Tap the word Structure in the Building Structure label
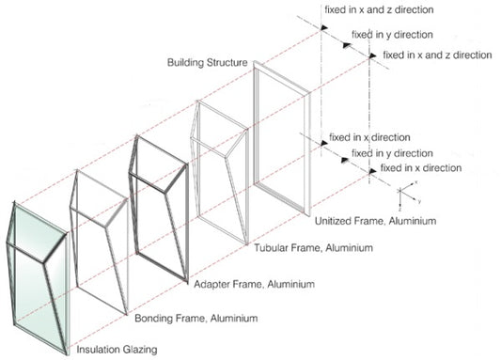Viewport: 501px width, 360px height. pos(228,63)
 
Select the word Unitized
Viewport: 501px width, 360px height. pos(334,220)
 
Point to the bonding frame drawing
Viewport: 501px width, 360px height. pos(99,235)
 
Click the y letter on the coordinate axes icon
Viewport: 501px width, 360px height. pos(420,201)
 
